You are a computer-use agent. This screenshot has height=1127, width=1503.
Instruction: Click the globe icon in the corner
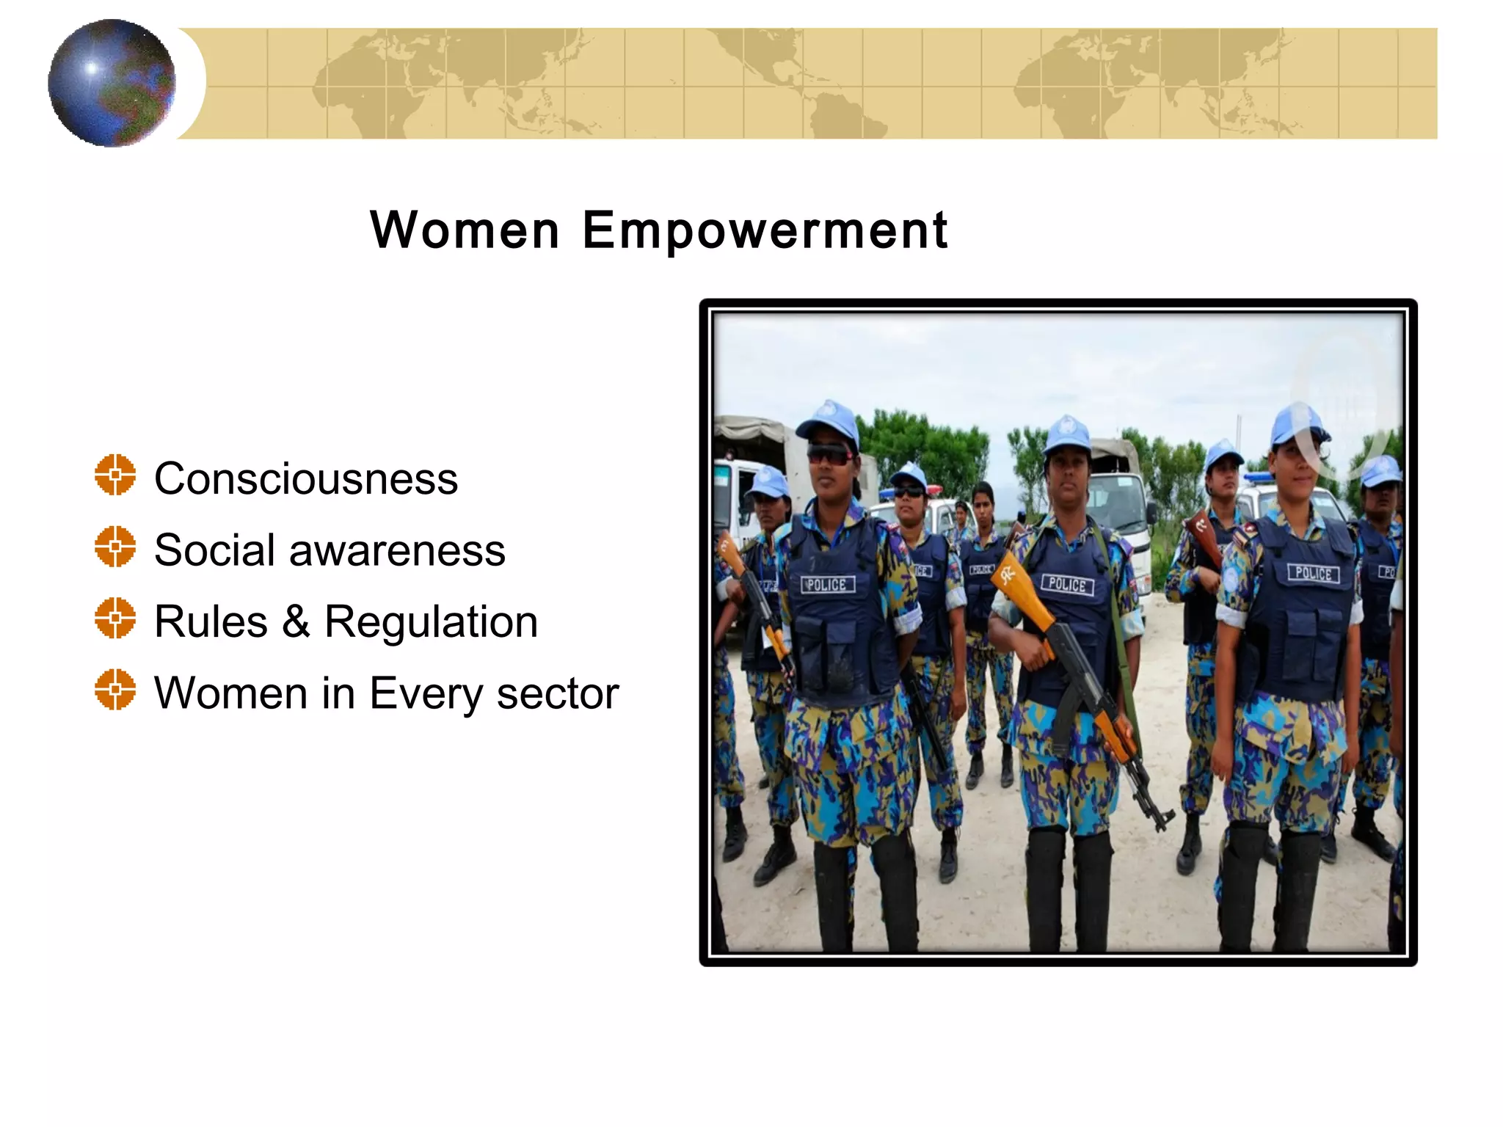(x=112, y=83)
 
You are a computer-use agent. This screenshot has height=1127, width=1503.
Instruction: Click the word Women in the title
(x=465, y=230)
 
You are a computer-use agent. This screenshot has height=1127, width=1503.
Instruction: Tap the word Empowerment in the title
(x=765, y=230)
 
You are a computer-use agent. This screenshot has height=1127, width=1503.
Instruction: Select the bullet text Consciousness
(x=306, y=478)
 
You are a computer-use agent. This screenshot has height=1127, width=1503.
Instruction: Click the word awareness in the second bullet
(x=397, y=550)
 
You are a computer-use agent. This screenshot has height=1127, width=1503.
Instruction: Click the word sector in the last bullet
(x=557, y=693)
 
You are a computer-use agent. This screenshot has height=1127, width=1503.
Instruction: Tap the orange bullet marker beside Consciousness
(x=115, y=475)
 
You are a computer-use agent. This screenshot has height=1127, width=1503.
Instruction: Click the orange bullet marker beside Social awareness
(x=115, y=547)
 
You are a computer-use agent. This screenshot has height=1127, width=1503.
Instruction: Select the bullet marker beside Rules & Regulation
(x=115, y=618)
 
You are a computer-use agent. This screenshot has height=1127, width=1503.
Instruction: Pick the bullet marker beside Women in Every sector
(x=115, y=690)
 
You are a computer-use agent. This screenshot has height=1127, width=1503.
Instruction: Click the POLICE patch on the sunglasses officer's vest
(x=827, y=585)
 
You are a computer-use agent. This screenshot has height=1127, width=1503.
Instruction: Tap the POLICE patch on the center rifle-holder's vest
(x=1067, y=585)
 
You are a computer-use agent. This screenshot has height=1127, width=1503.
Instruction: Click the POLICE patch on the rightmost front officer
(x=1313, y=573)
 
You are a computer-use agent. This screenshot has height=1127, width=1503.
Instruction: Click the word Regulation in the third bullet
(x=431, y=622)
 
